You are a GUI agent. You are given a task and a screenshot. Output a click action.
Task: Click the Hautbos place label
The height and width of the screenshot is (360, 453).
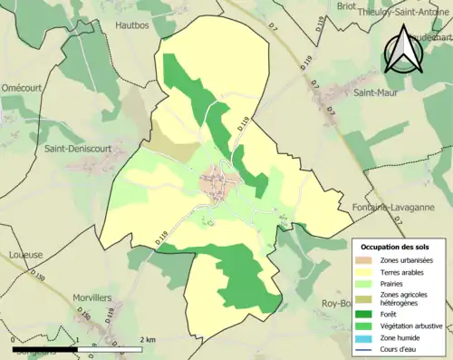click(x=132, y=27)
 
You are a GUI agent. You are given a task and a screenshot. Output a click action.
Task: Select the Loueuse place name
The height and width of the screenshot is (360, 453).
click(x=27, y=256)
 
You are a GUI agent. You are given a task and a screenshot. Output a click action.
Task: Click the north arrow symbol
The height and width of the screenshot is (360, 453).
click(x=401, y=50)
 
